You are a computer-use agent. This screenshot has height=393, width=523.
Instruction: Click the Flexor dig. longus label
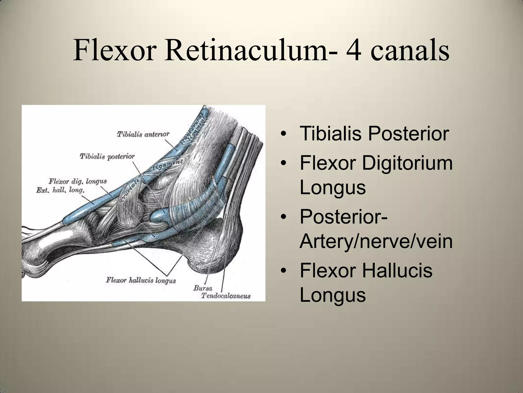pyautogui.click(x=78, y=181)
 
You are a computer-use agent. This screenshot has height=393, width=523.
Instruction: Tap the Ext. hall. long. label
pyautogui.click(x=60, y=190)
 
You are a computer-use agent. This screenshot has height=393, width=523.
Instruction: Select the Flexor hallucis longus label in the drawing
pyautogui.click(x=141, y=280)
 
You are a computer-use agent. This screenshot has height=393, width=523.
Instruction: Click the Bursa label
pyautogui.click(x=203, y=288)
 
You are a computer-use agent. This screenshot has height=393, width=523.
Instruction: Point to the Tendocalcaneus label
pyautogui.click(x=226, y=296)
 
